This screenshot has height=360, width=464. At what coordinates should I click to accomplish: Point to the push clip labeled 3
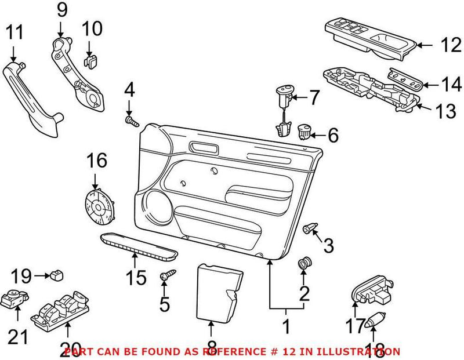[x=310, y=228]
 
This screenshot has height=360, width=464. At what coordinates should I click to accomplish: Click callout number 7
[x=313, y=97]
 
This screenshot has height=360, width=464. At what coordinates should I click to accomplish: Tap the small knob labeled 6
[x=303, y=131]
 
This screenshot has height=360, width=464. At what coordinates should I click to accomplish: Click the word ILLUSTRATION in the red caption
[x=365, y=351]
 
